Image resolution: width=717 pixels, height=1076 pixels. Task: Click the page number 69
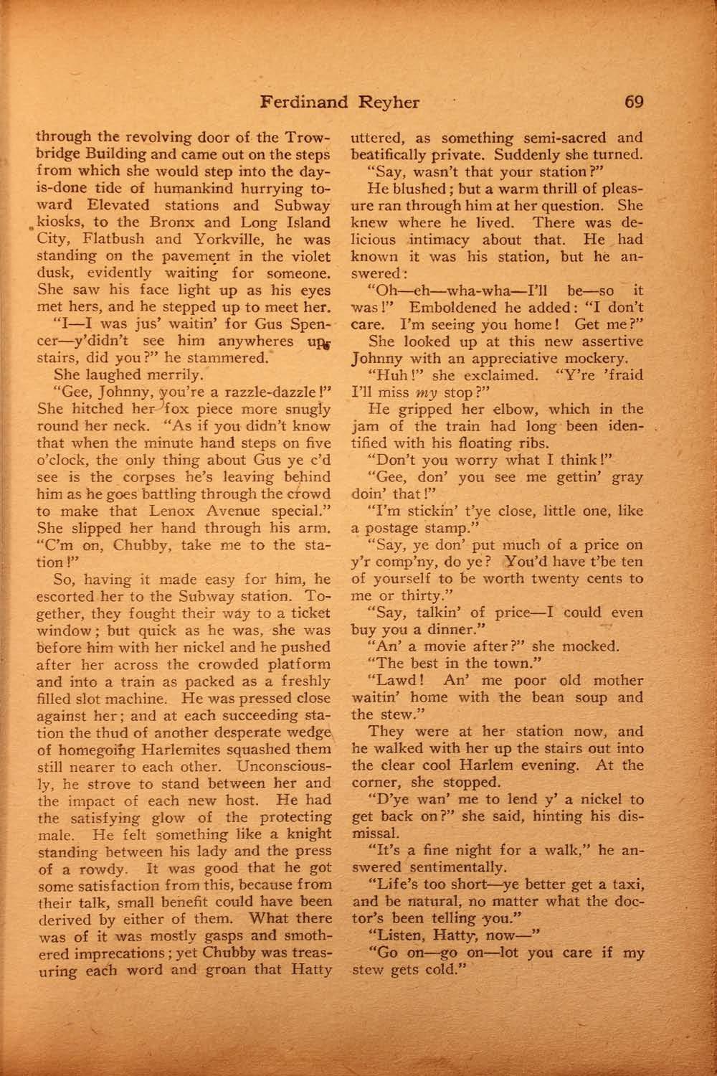point(635,101)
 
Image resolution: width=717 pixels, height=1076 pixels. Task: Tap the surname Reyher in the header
point(388,102)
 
